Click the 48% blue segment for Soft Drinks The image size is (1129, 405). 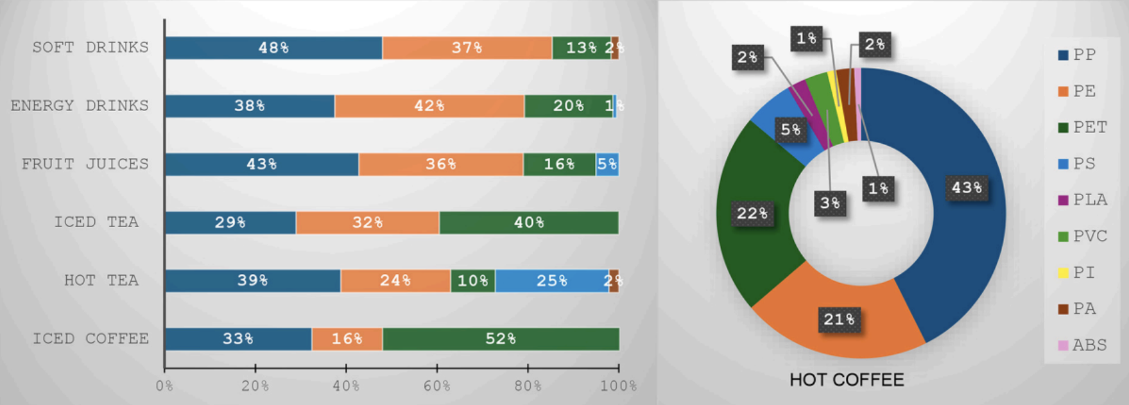(x=273, y=48)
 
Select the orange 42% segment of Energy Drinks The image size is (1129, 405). (x=429, y=106)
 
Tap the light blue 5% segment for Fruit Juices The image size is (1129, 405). (x=607, y=164)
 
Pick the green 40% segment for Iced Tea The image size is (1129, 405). (x=529, y=223)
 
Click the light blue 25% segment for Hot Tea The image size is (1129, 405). (x=551, y=280)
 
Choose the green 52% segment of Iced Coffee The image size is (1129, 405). (x=501, y=339)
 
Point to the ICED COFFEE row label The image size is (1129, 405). (x=90, y=339)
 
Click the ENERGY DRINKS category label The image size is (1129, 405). (x=80, y=106)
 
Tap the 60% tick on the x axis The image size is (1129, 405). (x=436, y=386)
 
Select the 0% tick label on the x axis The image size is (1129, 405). (x=164, y=386)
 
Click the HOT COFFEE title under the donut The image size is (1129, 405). (x=847, y=380)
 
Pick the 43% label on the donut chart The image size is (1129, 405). (x=967, y=188)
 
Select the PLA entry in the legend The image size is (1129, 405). (x=1083, y=200)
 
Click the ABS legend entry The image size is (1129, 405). (x=1083, y=345)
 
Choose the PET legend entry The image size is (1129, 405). (x=1083, y=127)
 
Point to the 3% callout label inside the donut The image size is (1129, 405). (x=830, y=203)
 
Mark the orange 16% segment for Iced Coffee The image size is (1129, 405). (x=347, y=339)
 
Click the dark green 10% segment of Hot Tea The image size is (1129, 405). (x=472, y=280)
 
